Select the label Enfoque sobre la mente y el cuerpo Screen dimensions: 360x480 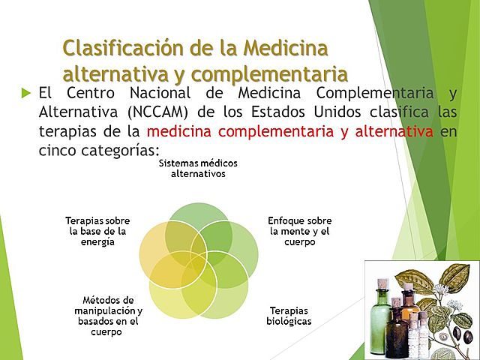300,232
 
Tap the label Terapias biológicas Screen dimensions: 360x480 289,316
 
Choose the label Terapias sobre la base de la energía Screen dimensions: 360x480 97,232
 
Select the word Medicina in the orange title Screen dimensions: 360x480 289,48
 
